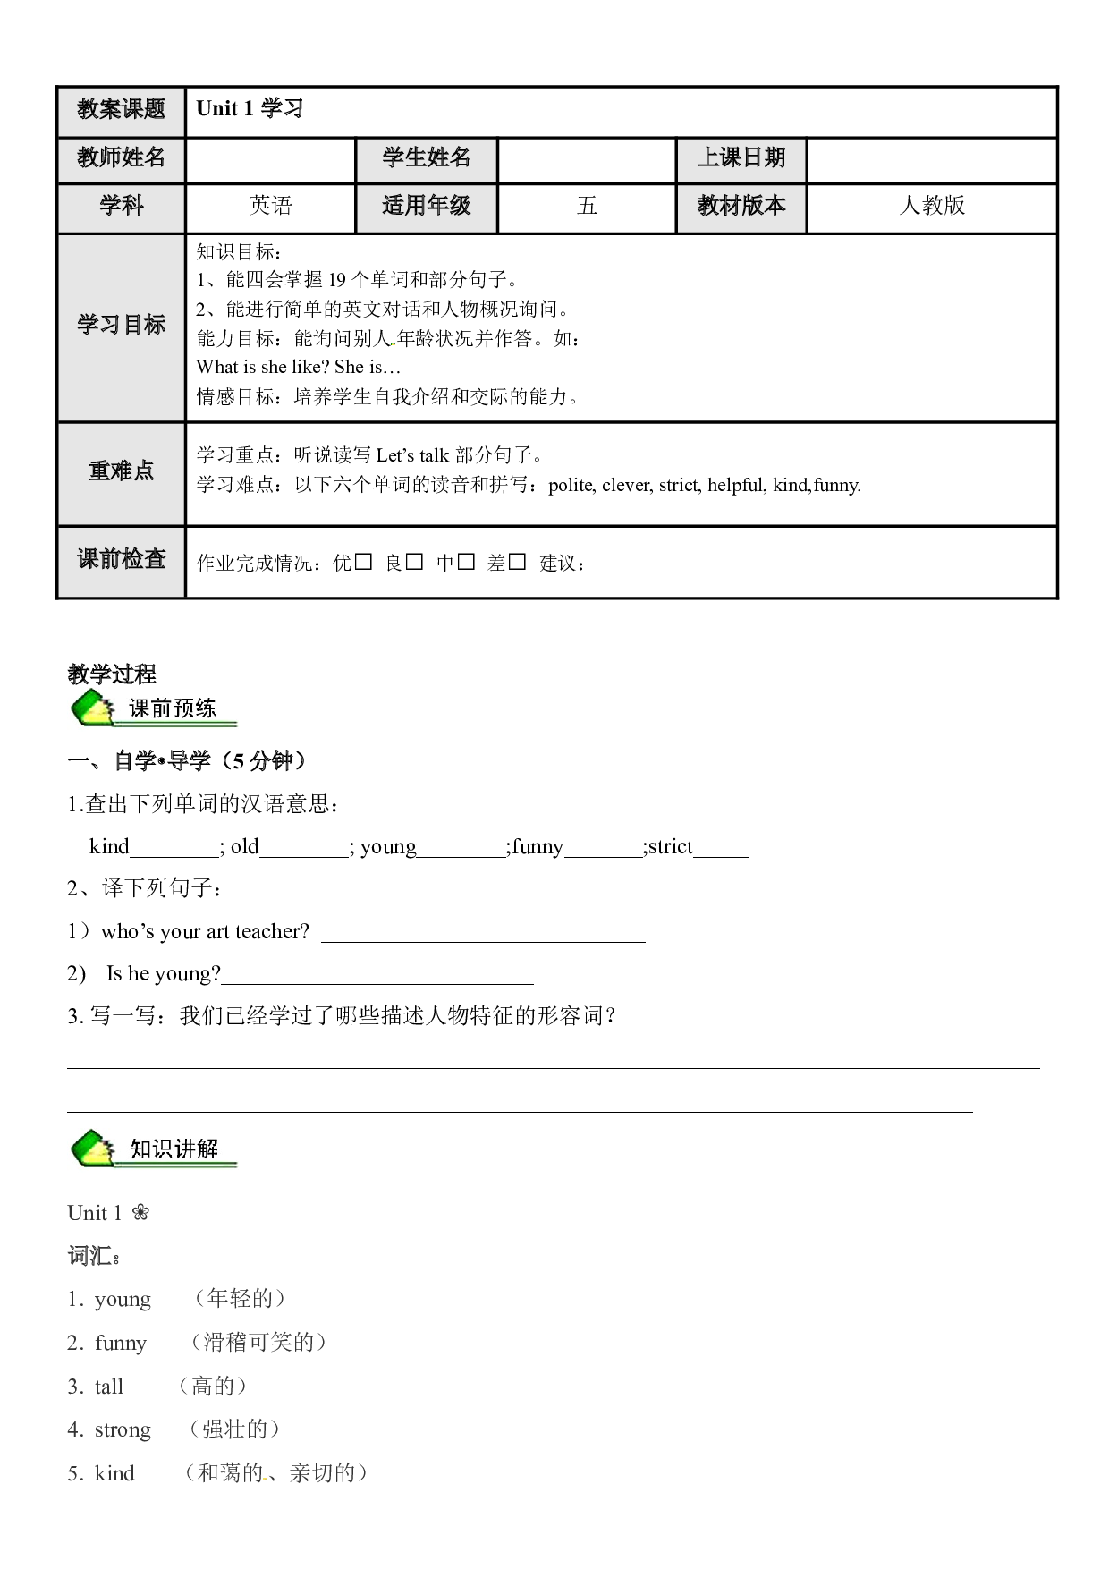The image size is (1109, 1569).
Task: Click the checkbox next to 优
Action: pos(363,561)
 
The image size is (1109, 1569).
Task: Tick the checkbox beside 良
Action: pos(414,561)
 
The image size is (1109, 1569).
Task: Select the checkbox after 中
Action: pos(465,561)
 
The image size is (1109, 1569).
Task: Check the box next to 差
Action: pos(517,561)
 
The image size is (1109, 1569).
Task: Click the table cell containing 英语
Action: pos(270,207)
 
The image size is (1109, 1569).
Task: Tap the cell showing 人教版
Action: pos(932,207)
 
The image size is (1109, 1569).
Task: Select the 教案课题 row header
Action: pos(121,111)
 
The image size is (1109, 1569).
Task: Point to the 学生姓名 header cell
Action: pos(427,159)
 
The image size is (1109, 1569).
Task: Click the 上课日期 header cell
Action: pos(741,159)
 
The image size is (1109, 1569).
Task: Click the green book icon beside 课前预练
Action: pos(93,708)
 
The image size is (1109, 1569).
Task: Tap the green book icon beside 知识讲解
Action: pos(93,1149)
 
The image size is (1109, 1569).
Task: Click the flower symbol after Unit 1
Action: pos(140,1213)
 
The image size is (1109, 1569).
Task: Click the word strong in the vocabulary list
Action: pos(123,1430)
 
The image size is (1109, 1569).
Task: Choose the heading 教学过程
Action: pos(112,674)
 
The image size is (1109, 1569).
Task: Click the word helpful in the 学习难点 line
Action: pos(736,485)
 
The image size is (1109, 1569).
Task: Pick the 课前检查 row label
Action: pos(121,560)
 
